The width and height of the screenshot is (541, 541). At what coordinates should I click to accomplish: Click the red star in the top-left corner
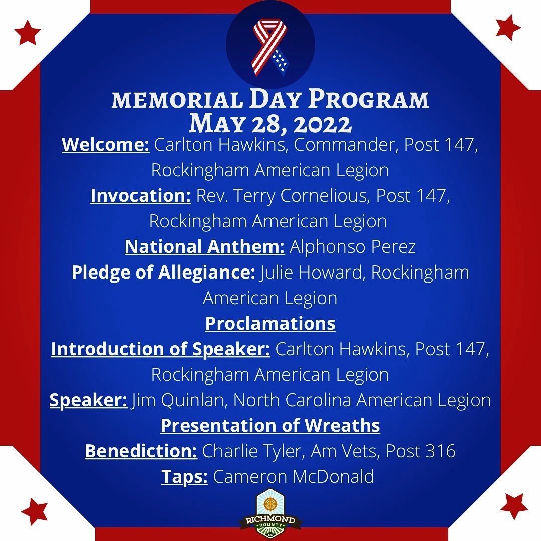click(28, 33)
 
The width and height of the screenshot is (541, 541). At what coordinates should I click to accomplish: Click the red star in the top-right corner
click(508, 28)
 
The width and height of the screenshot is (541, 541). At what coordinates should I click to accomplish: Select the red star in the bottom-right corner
click(513, 505)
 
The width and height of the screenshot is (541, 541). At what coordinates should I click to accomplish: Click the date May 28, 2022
click(270, 123)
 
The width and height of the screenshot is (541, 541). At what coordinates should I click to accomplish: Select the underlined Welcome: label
click(105, 145)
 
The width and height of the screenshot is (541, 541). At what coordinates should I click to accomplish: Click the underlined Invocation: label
click(141, 196)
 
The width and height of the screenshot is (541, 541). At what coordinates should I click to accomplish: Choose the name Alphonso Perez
click(353, 247)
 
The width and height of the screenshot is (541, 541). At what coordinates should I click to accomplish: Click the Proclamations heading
click(270, 324)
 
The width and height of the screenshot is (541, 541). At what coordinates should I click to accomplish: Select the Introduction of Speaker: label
click(160, 349)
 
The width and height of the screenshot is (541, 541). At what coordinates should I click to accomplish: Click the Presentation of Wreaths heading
click(270, 426)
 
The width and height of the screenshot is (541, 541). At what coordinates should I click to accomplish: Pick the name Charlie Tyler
click(252, 451)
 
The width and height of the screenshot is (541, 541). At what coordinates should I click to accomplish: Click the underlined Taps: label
click(184, 477)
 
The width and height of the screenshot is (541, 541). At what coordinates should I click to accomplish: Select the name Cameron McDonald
click(294, 477)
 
